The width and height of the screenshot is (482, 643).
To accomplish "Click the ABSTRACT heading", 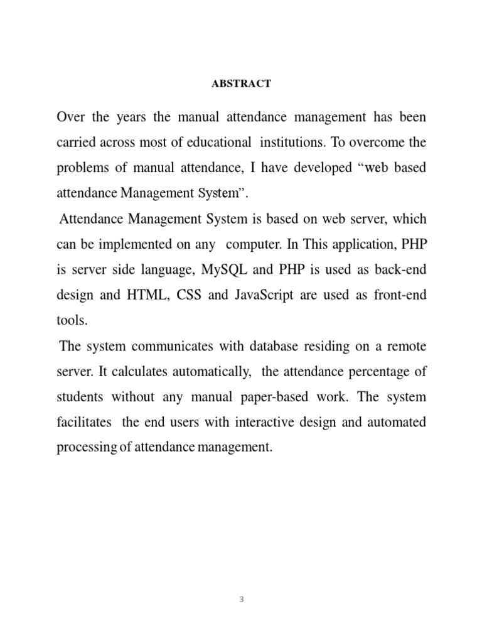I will click(241, 84).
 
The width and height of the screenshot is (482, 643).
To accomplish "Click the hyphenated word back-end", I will click(398, 271).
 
